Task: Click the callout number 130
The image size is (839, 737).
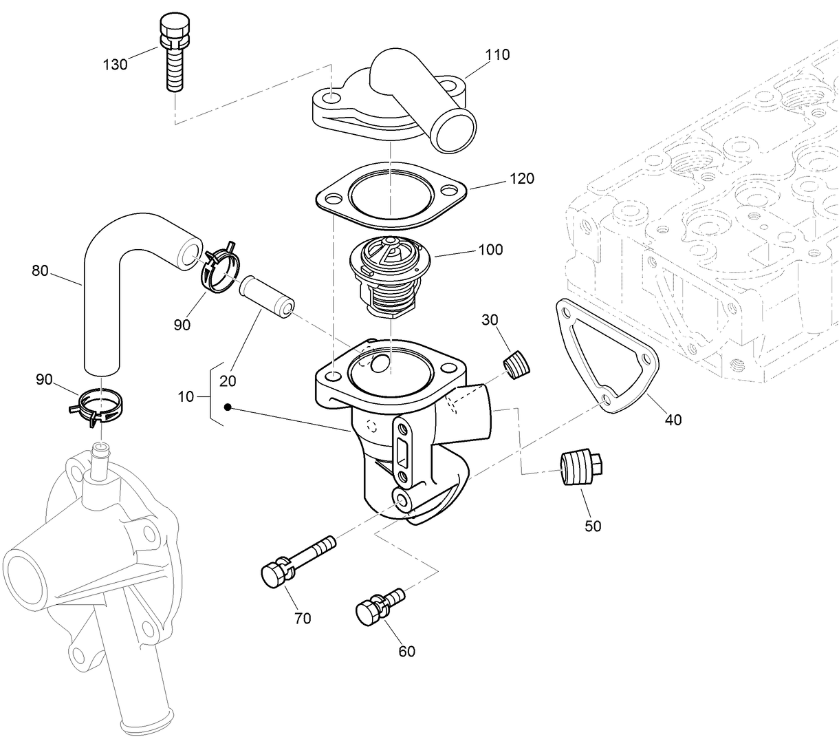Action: (x=115, y=65)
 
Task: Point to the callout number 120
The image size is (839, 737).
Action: (x=521, y=179)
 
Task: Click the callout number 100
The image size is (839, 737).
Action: (x=490, y=249)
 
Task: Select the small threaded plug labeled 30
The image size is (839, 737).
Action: (x=518, y=364)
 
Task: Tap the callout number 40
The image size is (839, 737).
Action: (x=673, y=419)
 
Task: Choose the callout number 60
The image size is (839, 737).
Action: (x=406, y=650)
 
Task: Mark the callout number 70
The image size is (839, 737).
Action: (x=303, y=618)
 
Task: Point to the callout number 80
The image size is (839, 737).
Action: (x=40, y=270)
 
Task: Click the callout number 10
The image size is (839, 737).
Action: (x=186, y=396)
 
